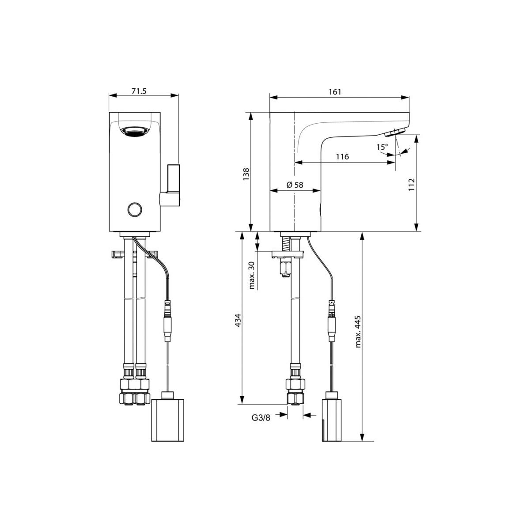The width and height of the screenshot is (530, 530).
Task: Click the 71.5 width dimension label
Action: point(139,91)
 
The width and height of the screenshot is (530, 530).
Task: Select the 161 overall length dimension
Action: point(335,92)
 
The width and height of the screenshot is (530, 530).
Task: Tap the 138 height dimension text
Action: point(246,174)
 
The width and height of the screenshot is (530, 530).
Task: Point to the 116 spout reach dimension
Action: point(342,157)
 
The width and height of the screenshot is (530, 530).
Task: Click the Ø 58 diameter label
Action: point(295,185)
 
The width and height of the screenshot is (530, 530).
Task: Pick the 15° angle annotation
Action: point(382,147)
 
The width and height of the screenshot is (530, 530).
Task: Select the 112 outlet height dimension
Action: point(411,185)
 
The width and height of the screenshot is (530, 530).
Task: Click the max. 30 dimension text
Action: point(252,275)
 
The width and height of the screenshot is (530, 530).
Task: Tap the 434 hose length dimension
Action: point(238,320)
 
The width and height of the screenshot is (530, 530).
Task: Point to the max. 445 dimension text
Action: point(358,332)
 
